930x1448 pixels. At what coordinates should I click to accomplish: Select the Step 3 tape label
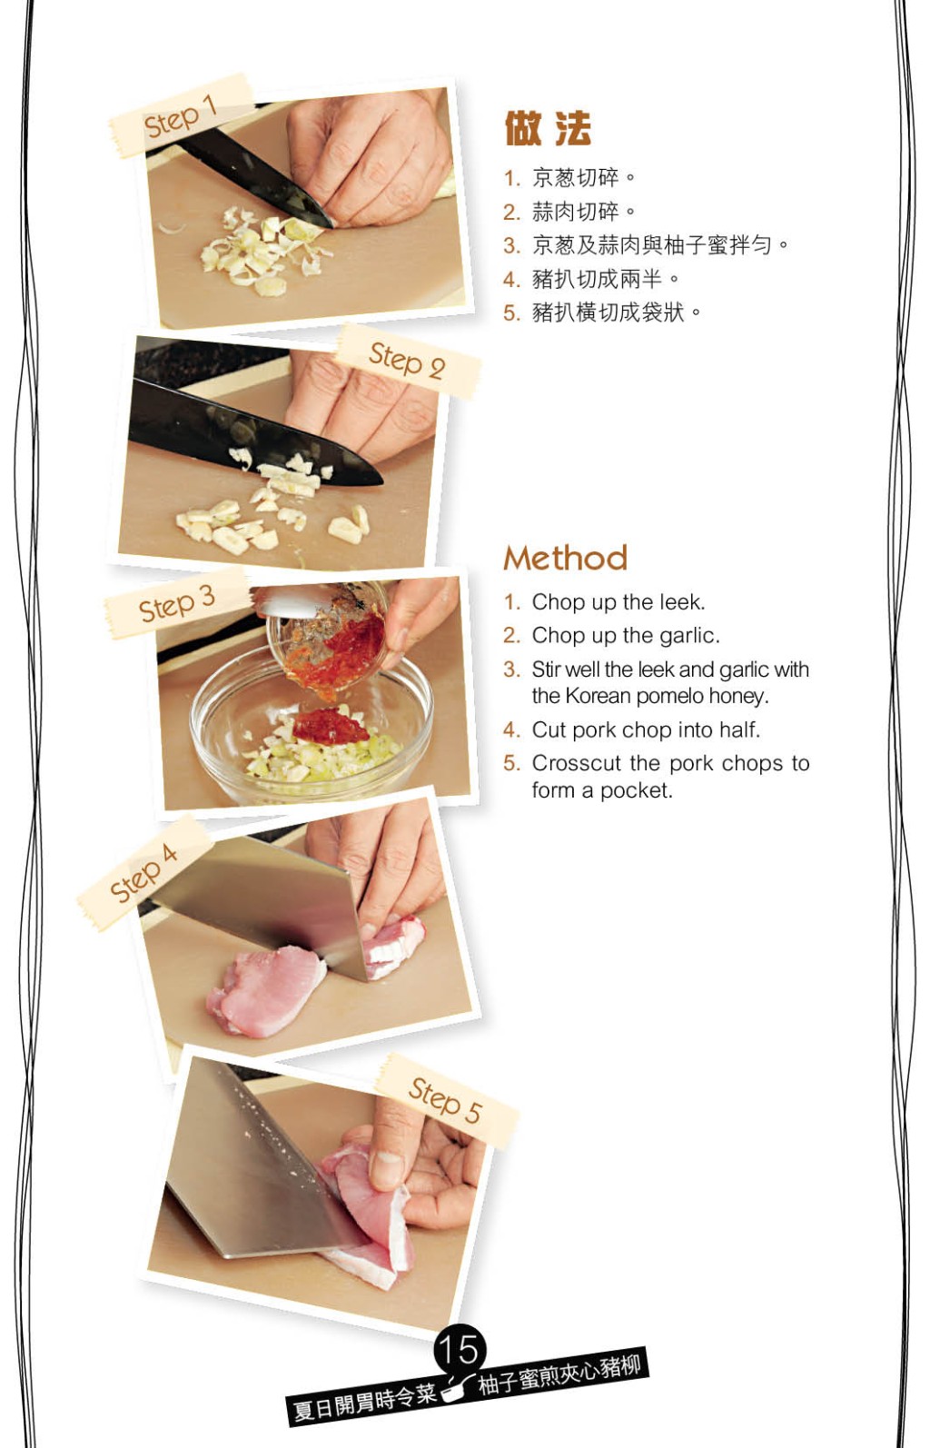click(177, 604)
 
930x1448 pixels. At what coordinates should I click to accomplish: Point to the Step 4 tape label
click(144, 873)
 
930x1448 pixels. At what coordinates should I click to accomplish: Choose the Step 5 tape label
click(446, 1100)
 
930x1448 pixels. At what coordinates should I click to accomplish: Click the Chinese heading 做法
click(548, 128)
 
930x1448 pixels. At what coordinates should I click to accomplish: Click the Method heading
click(566, 558)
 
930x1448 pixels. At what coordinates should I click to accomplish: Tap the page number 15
click(460, 1349)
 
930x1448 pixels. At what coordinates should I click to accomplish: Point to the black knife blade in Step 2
click(252, 433)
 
